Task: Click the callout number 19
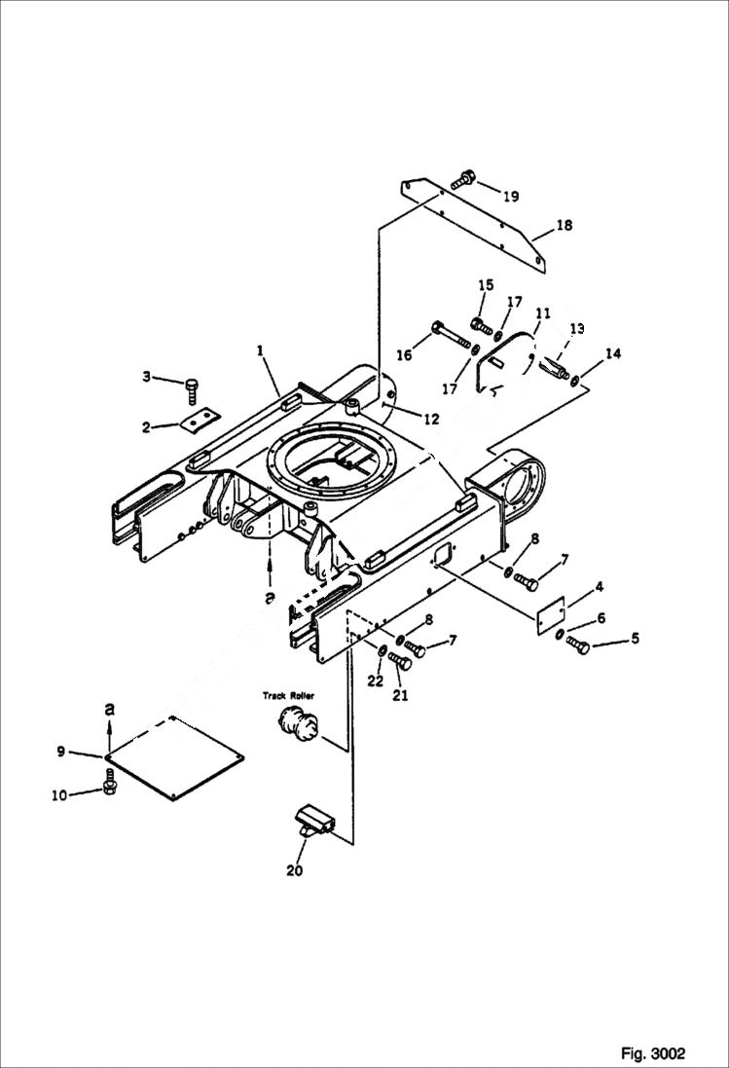tap(511, 196)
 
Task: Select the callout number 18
tap(565, 226)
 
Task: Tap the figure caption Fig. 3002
tap(653, 1053)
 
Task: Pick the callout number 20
tap(294, 870)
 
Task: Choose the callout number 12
tap(430, 420)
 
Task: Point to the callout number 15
tap(486, 285)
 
